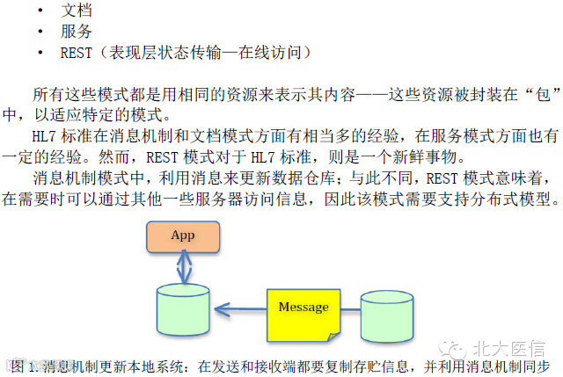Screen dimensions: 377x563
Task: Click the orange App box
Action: [x=183, y=236]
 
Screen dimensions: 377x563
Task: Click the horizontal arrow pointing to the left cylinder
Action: [x=242, y=308]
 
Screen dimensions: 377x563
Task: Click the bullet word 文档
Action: [x=76, y=11]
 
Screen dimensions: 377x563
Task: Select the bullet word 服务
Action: [x=76, y=32]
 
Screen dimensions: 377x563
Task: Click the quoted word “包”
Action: [x=535, y=94]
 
